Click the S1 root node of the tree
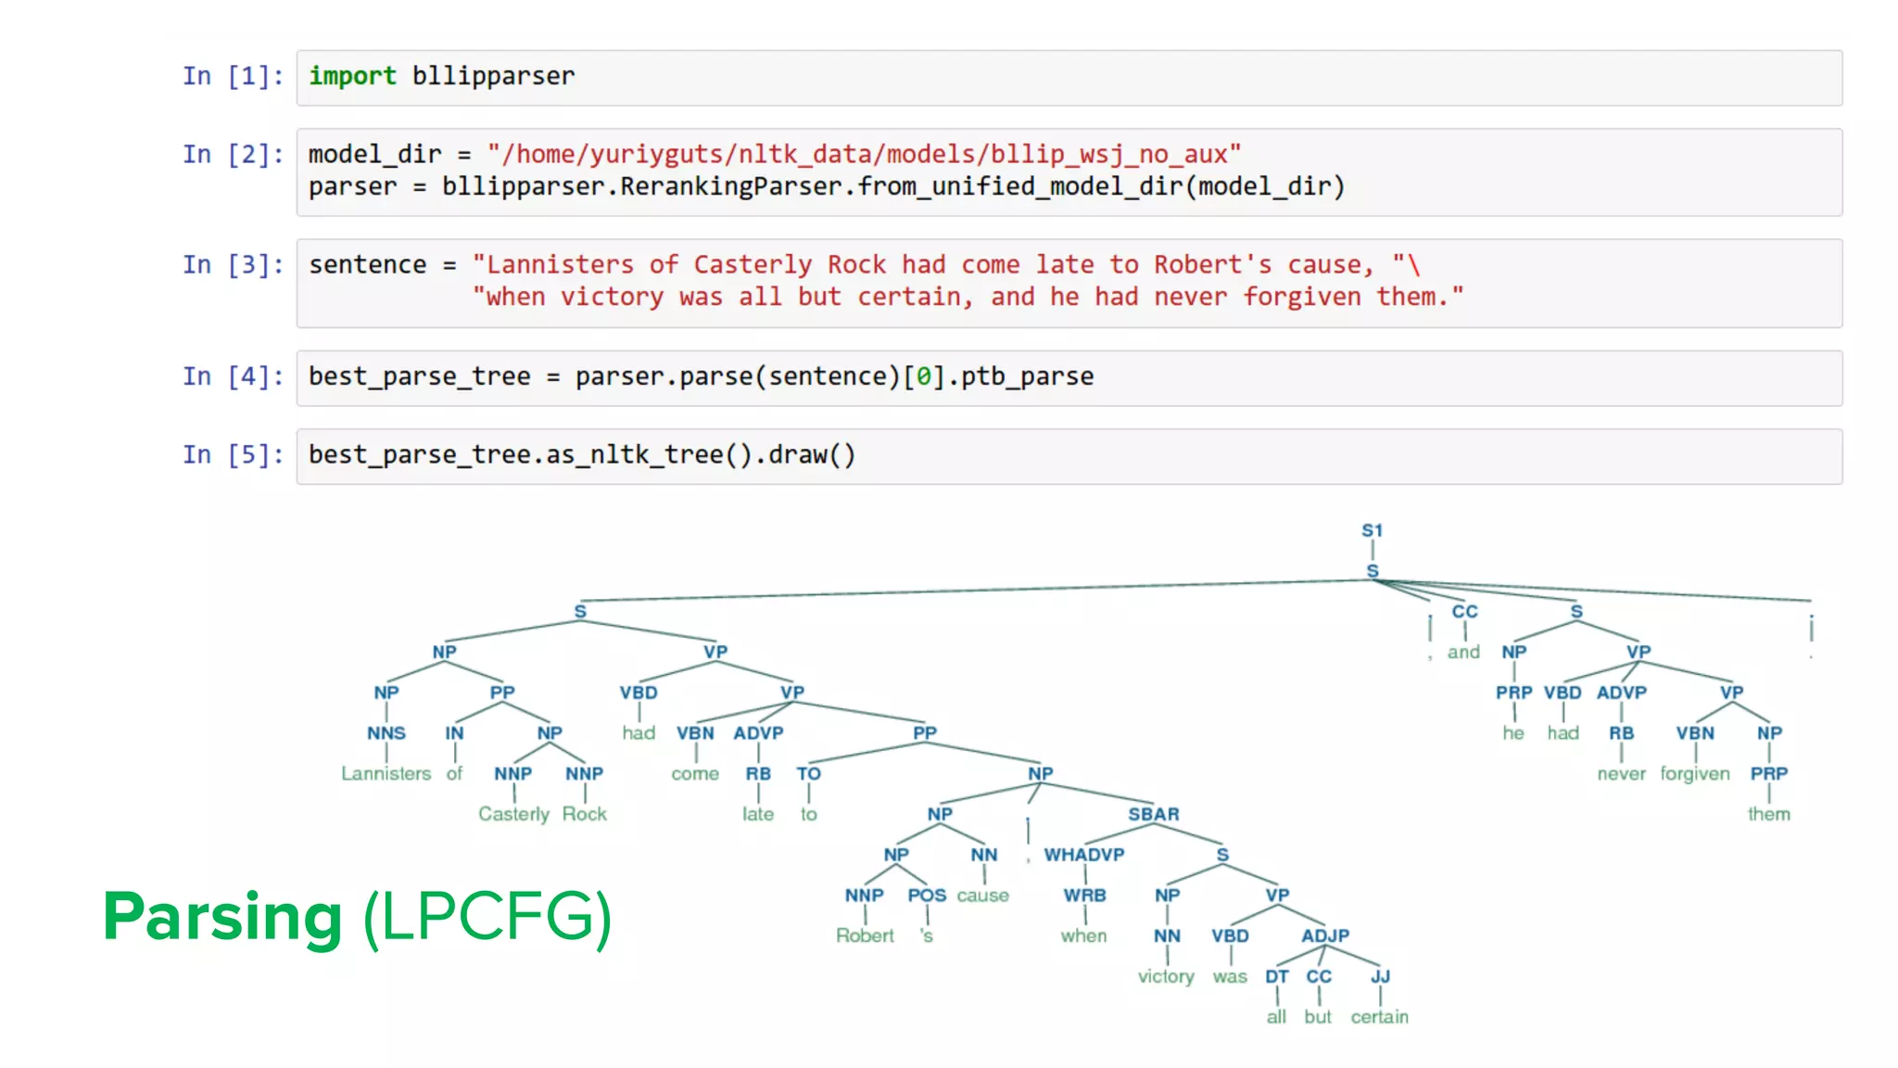tap(1372, 530)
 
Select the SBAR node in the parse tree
tap(1153, 814)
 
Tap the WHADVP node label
tap(1083, 855)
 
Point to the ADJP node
tap(1324, 935)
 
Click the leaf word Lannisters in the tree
tap(386, 773)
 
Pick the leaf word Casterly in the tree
tap(513, 814)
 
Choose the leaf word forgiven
tap(1694, 773)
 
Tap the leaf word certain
tap(1379, 1017)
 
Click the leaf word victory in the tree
tap(1166, 976)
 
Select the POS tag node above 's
tap(927, 896)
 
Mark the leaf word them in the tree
tap(1768, 814)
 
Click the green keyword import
tap(352, 76)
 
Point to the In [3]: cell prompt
tap(233, 265)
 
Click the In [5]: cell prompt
tap(233, 455)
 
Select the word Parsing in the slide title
tap(222, 916)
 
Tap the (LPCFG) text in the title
tap(487, 916)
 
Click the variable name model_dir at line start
tap(374, 154)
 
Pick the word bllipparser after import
tap(493, 76)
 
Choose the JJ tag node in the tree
tap(1380, 976)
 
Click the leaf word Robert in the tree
tap(865, 935)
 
